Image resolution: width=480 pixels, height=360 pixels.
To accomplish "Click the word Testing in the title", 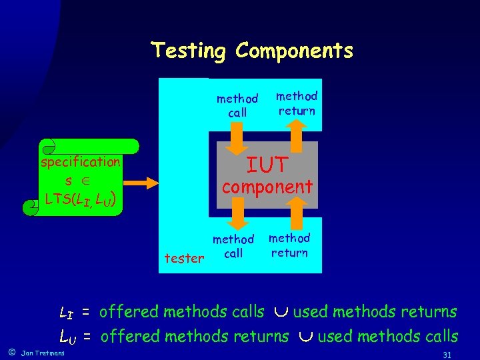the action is coord(190,51).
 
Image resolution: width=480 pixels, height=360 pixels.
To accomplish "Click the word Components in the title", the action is coord(294,51).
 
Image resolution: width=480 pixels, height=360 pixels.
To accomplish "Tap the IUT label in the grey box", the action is coord(267,164).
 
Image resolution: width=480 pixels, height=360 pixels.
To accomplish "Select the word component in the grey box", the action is coord(267,187).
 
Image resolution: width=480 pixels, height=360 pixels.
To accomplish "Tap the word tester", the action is coord(184,258).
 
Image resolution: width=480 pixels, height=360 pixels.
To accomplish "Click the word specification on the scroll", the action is coord(81,161).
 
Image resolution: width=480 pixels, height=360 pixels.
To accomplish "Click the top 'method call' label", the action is coord(237,106).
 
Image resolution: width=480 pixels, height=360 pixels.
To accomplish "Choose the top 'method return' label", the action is coord(297,103).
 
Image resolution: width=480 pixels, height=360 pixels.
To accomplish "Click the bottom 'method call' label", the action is coord(233,246).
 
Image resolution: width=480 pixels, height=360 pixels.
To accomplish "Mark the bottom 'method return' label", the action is coord(289,245).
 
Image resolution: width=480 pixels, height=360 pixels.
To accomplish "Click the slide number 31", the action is coord(447,354).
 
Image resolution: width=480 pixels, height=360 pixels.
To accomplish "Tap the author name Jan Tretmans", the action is coord(43,353).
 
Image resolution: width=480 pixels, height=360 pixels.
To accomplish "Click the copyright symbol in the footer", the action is coord(11,351).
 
